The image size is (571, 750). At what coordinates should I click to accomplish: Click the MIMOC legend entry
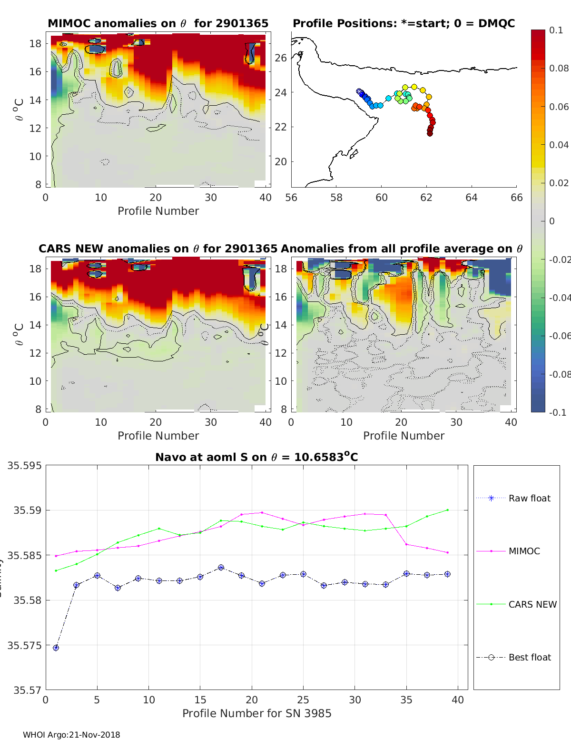pos(524,551)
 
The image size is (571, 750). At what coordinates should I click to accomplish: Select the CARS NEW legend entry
pos(532,604)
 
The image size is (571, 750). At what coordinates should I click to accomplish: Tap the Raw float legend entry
pos(529,498)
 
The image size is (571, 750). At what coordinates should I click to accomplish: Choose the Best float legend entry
pos(529,657)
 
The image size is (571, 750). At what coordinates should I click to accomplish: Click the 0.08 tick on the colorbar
pos(559,68)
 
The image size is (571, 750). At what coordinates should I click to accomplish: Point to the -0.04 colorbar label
pos(559,298)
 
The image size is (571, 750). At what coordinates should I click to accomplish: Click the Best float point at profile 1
pos(56,648)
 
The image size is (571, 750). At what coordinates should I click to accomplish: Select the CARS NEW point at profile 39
pos(447,510)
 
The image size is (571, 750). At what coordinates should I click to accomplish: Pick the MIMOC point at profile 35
pos(406,544)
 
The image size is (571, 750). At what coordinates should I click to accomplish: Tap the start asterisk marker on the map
pos(359,91)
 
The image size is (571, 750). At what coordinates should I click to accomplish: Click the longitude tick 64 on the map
pos(471,197)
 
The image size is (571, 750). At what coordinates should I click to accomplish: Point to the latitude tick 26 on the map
pos(281,58)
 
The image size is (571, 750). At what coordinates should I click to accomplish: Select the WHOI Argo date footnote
pos(71,735)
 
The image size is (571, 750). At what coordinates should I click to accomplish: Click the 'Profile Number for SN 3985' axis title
pos(256,713)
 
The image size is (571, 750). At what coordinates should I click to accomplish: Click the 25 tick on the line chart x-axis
pos(303,700)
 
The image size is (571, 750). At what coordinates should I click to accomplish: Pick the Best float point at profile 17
pos(221,568)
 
